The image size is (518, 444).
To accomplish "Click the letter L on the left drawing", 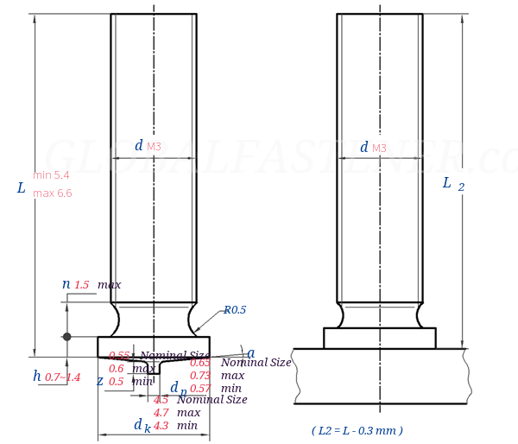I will (x=21, y=188).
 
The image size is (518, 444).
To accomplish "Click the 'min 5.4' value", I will (x=51, y=175).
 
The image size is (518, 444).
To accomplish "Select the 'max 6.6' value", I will (x=52, y=193).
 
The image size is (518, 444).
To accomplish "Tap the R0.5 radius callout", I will (x=235, y=310).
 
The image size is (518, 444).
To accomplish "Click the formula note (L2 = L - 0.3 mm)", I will (x=357, y=430).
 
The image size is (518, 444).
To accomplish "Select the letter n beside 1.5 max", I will (x=66, y=284).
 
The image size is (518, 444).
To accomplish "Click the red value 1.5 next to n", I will (x=82, y=285).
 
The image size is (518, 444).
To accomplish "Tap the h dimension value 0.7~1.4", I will (x=62, y=377).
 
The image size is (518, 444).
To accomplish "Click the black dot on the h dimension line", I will (x=66, y=337).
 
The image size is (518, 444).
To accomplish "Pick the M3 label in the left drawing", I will (x=154, y=147).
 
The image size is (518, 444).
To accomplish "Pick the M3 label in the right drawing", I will (x=379, y=149).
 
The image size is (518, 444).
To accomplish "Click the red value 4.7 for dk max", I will (x=161, y=413).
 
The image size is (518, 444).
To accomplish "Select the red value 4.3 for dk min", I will (x=161, y=426).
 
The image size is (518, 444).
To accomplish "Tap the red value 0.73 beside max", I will (x=199, y=376).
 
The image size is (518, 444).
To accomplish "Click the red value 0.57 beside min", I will (x=199, y=389).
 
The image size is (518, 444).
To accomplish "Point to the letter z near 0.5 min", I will (x=99, y=382).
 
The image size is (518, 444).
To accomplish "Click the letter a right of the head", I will (x=250, y=353).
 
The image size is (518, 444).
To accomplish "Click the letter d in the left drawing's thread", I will (x=138, y=146).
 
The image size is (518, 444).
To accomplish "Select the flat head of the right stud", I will (x=379, y=338).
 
